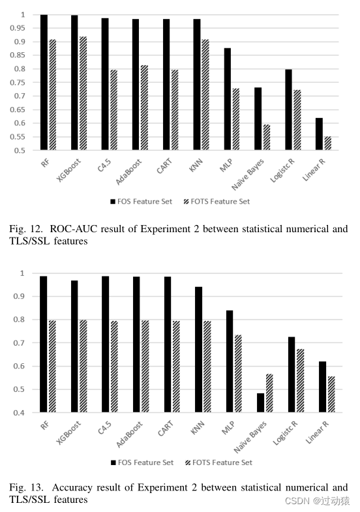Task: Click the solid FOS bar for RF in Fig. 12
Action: pos(44,82)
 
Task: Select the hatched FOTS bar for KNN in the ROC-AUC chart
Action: pos(205,95)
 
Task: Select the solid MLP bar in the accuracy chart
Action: pos(230,361)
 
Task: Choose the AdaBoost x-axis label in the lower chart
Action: pos(131,433)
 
